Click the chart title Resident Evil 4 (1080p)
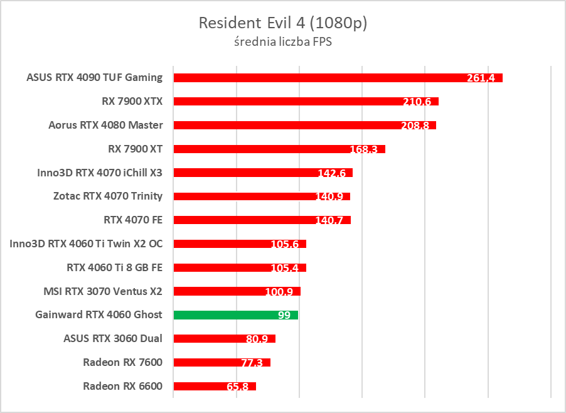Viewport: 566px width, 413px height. click(x=282, y=23)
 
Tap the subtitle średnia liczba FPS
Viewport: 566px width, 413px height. click(x=282, y=43)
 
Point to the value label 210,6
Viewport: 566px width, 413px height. click(x=420, y=102)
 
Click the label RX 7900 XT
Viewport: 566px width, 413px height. click(x=136, y=149)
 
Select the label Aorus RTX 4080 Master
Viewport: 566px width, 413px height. click(x=105, y=125)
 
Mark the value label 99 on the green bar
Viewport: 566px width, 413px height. click(x=284, y=315)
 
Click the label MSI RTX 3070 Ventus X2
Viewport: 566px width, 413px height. click(x=103, y=291)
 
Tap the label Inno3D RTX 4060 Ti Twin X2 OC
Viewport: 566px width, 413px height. click(x=86, y=244)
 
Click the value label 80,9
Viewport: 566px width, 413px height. click(x=257, y=339)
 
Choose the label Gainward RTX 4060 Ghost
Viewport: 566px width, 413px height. click(x=99, y=314)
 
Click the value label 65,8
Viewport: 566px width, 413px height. click(x=237, y=387)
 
